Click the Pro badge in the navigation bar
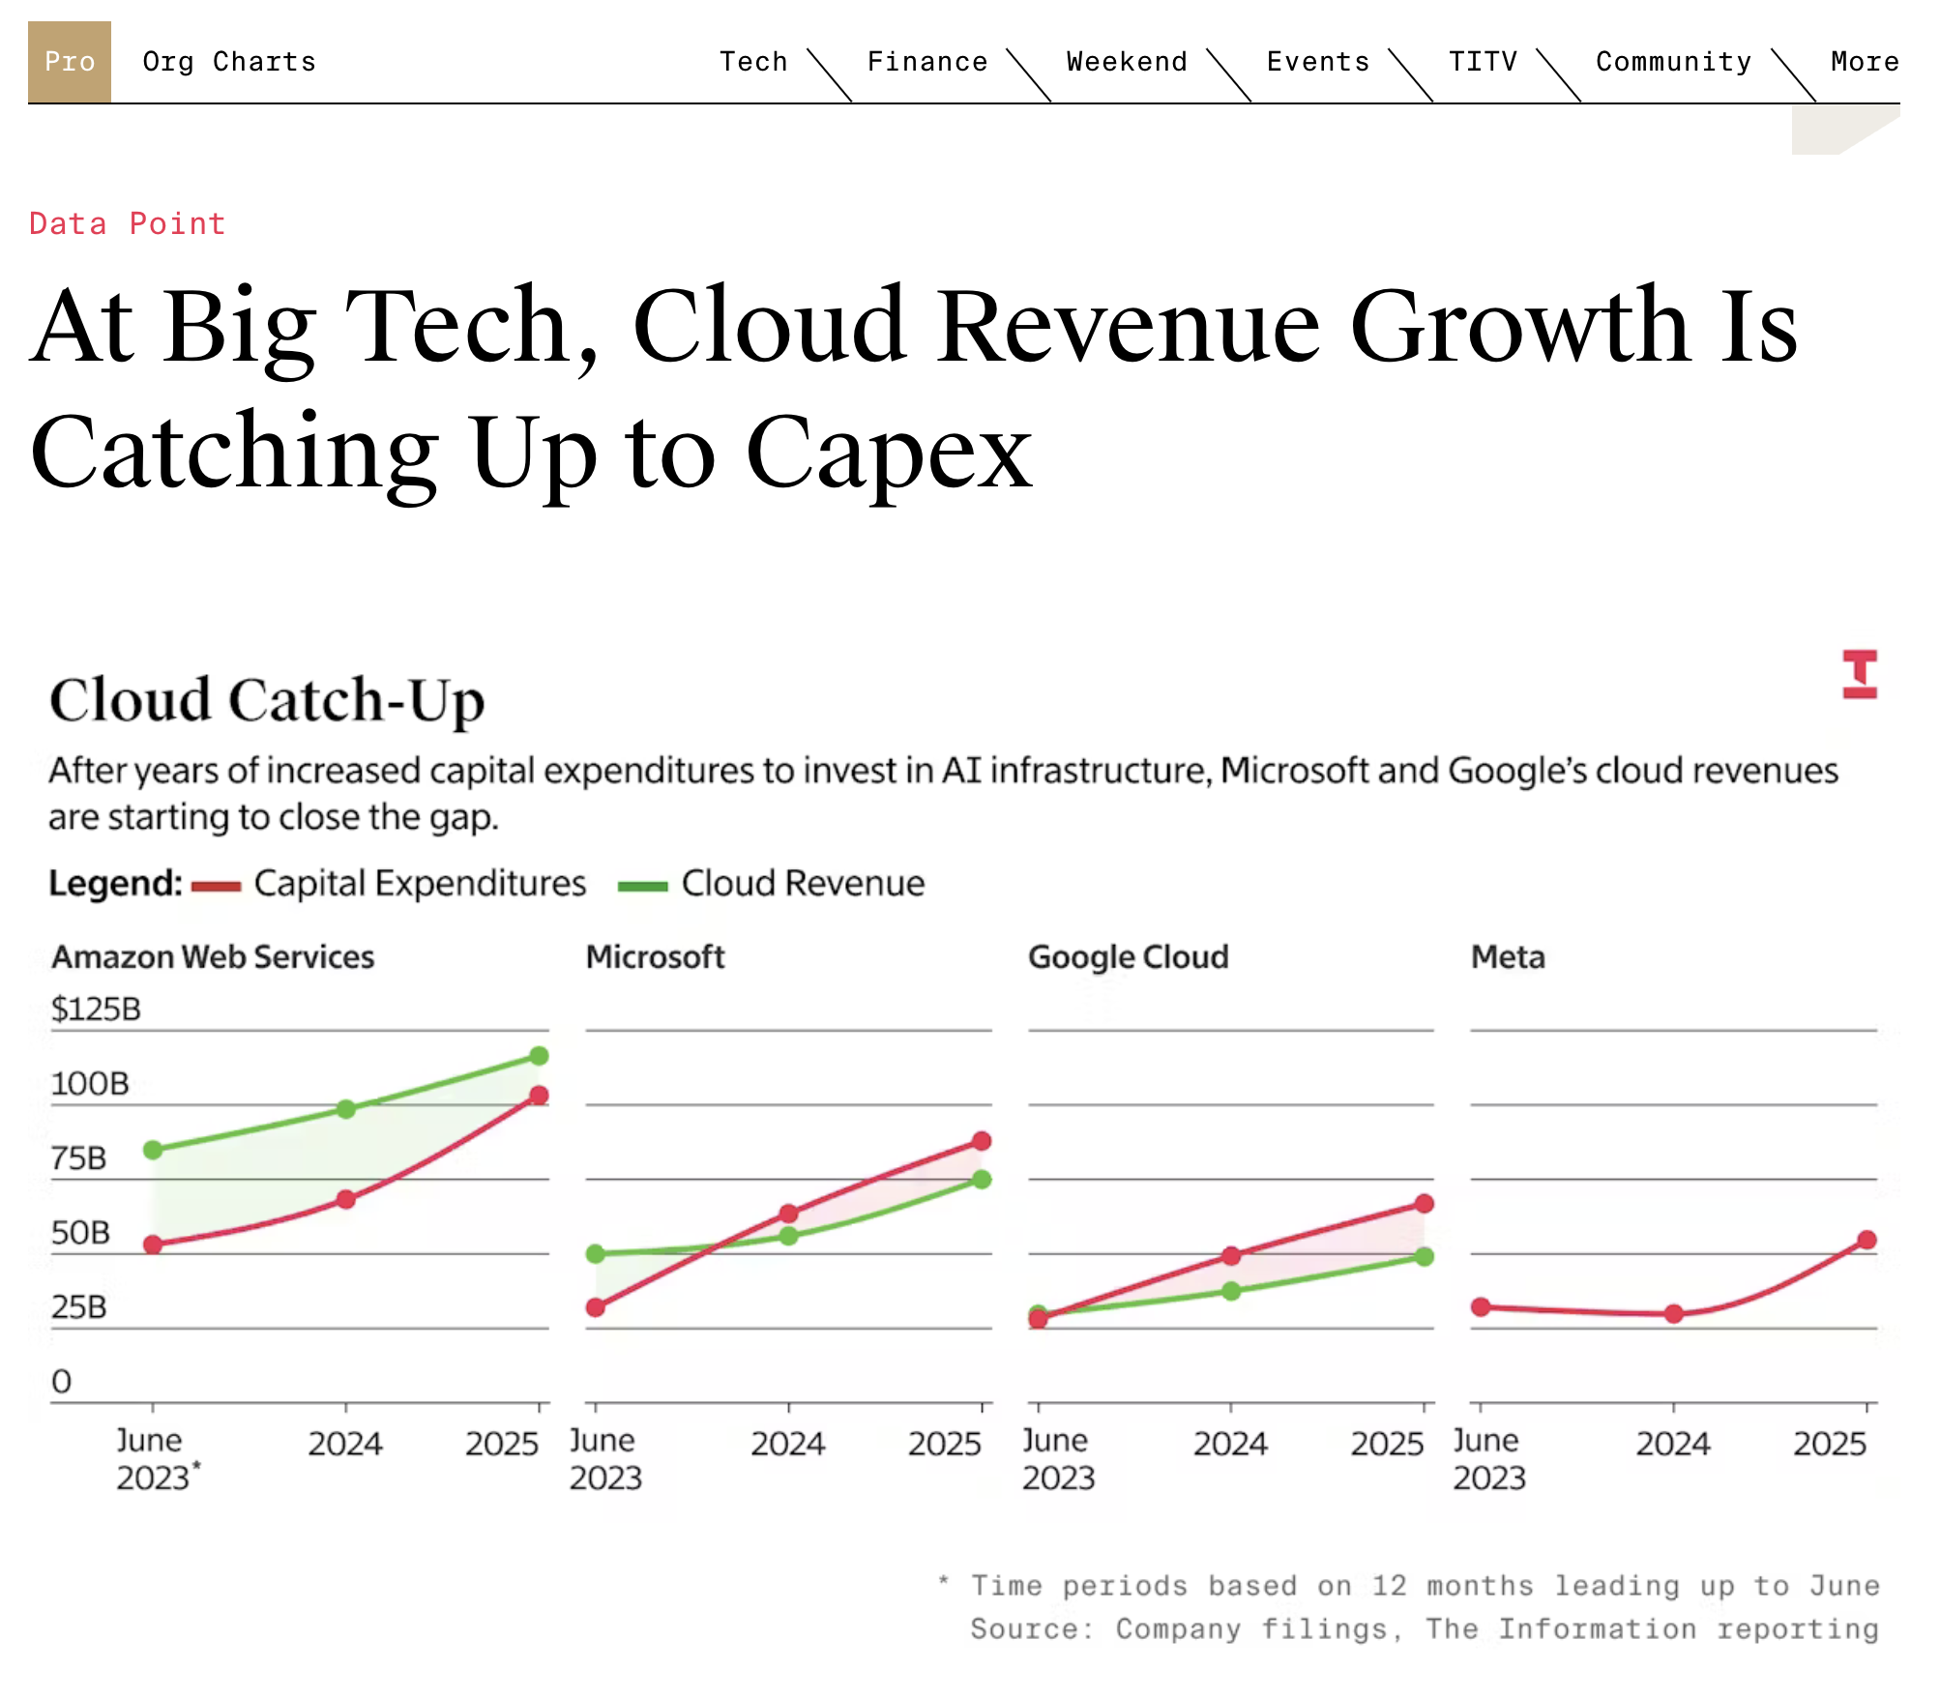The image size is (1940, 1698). tap(70, 62)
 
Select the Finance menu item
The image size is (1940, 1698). tap(926, 62)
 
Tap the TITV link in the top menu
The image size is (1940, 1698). tap(1483, 62)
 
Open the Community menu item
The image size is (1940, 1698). tap(1673, 62)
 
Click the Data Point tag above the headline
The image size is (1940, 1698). tap(127, 224)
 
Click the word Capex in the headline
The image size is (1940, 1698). tap(889, 453)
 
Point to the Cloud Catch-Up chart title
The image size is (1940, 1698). tap(267, 700)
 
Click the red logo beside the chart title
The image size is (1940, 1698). tap(1859, 674)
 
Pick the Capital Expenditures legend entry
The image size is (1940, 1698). tap(419, 884)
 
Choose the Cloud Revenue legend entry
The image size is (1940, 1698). tap(802, 884)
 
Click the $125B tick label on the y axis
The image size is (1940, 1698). tap(96, 1010)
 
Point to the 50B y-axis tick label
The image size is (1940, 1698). tap(80, 1233)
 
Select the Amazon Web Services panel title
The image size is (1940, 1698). tap(213, 957)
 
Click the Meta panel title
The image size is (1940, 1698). tap(1508, 957)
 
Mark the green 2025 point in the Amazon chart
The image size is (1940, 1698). tap(540, 1056)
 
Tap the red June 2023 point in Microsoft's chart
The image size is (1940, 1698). tap(596, 1307)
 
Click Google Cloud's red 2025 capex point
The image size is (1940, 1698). tap(1425, 1204)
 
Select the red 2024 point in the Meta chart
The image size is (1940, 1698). tap(1674, 1314)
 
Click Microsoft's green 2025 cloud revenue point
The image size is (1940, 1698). tap(982, 1180)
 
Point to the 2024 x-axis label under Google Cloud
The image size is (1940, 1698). tap(1230, 1444)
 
